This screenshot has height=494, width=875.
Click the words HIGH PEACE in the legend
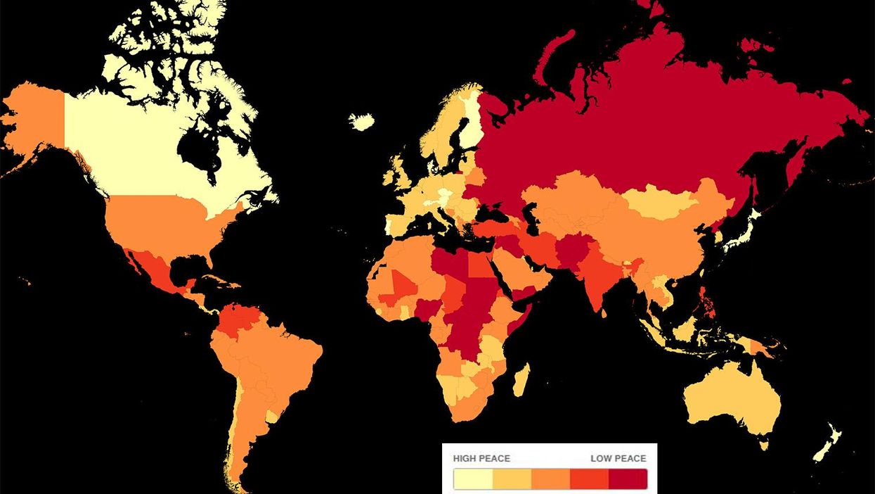481,458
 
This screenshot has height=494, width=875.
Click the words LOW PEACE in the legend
618,458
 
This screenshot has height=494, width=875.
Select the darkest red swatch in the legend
628,479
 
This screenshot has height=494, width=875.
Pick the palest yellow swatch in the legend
473,479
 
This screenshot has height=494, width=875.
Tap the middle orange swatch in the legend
550,479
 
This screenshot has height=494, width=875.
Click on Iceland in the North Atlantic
362,122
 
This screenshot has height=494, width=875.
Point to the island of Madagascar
521,380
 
